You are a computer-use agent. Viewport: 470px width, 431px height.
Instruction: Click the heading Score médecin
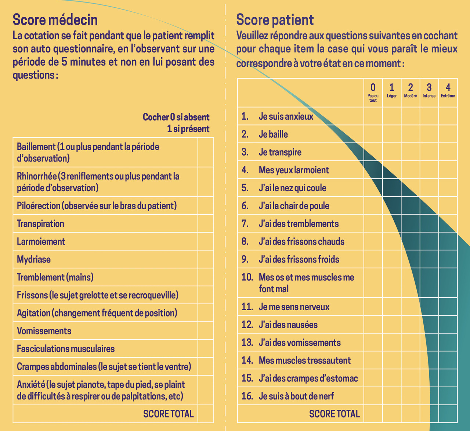click(x=55, y=20)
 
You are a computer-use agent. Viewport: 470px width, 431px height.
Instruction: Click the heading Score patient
click(x=275, y=20)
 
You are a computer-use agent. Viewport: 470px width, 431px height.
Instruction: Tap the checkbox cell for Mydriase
click(x=206, y=259)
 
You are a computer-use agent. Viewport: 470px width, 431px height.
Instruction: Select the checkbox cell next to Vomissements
click(x=206, y=331)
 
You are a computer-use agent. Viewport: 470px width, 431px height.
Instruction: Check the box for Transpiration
click(x=206, y=224)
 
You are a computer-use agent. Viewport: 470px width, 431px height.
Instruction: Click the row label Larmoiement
click(x=41, y=242)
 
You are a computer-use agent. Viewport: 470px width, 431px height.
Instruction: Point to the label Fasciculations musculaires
click(x=66, y=349)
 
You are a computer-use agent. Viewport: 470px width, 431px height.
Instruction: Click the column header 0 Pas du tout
click(x=373, y=93)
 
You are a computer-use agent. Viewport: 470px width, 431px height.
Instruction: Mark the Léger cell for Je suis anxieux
click(x=392, y=116)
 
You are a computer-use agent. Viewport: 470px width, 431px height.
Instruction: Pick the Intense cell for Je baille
click(x=429, y=134)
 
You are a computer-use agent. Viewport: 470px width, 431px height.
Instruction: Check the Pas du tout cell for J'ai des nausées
click(x=373, y=325)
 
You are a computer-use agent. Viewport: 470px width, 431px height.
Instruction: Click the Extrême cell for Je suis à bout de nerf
click(x=448, y=396)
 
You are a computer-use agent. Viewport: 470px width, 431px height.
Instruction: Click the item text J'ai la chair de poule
click(x=294, y=206)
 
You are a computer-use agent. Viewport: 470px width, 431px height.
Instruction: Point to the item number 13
click(x=247, y=343)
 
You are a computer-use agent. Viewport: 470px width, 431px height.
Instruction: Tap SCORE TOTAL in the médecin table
click(x=168, y=414)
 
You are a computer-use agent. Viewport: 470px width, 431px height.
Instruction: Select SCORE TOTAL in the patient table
click(x=334, y=414)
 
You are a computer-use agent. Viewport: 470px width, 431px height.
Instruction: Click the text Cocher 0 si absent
click(x=176, y=117)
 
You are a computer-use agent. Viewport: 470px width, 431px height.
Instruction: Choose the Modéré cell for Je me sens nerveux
click(x=411, y=307)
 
